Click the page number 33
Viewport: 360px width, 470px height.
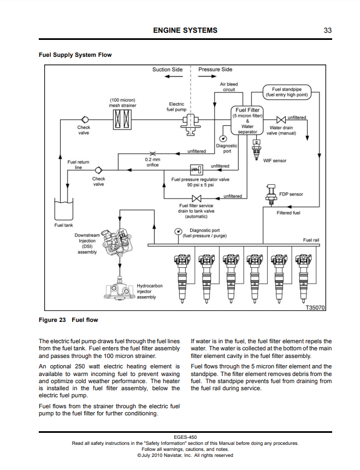tap(328, 31)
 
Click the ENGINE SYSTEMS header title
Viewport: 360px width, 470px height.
tap(185, 31)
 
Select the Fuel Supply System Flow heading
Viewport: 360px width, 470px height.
tap(75, 55)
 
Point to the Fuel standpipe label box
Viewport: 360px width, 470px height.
tap(287, 91)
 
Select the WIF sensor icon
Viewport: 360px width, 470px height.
tap(256, 147)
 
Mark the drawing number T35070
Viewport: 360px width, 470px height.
tap(315, 308)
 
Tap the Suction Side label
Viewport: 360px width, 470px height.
tap(167, 69)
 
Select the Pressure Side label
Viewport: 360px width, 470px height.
tap(215, 69)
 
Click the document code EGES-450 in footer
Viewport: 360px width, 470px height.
tap(185, 437)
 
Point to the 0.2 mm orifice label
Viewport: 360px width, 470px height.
tap(152, 162)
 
